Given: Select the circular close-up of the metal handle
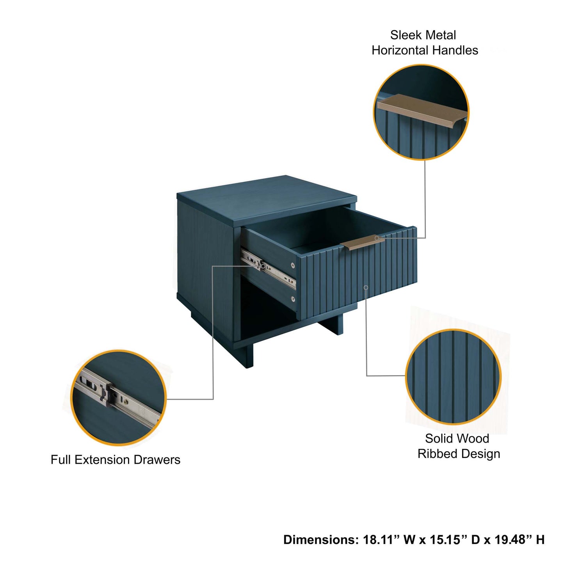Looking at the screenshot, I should coord(421,112).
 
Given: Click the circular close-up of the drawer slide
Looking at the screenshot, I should coord(118,398).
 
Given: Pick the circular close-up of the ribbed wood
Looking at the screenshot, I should coord(453,377).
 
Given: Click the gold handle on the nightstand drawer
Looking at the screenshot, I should coord(362,242).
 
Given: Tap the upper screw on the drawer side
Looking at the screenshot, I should coord(293,265).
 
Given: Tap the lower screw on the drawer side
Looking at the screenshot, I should coord(293,299).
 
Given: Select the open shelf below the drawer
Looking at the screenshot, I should coord(265,312).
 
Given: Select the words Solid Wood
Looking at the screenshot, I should coord(457,439).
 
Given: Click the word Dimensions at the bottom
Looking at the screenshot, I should coord(320,540).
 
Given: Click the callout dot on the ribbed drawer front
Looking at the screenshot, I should coord(366,288).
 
